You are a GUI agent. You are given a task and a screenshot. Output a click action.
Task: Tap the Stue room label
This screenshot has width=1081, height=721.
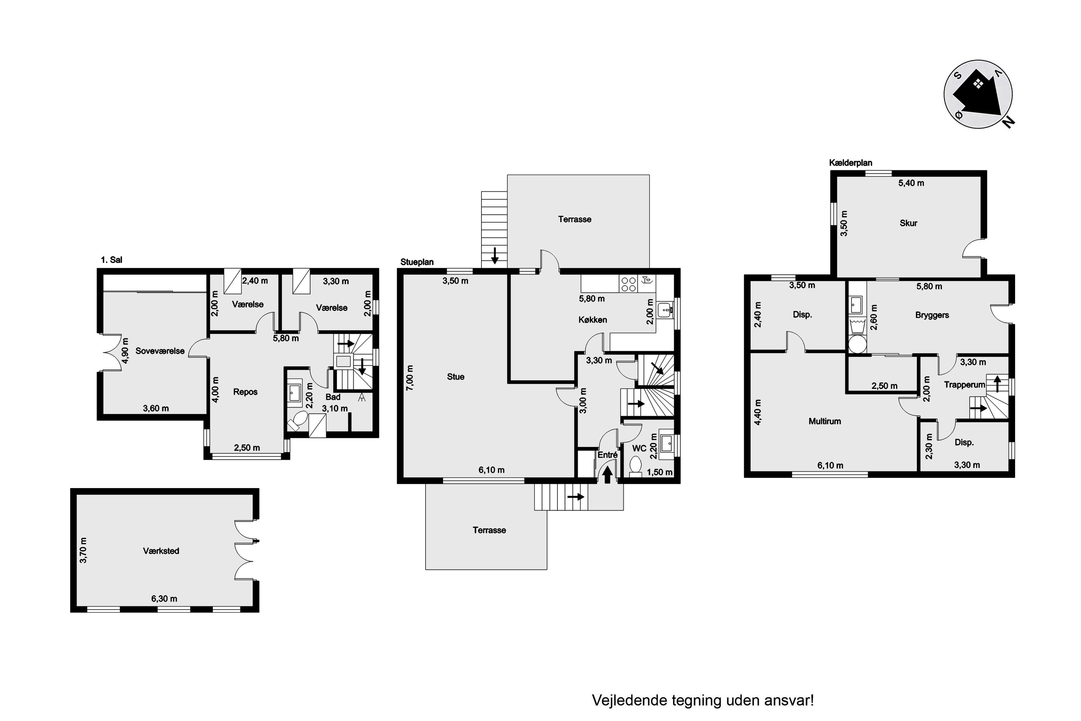tap(455, 377)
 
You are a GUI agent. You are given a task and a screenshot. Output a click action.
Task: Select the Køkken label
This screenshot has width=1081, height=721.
tap(592, 319)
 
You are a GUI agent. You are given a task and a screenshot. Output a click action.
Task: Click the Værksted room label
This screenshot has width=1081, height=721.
tap(161, 551)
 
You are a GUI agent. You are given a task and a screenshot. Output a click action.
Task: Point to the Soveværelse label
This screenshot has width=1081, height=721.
tap(160, 351)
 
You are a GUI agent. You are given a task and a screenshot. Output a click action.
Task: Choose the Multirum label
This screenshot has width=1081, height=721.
tap(824, 421)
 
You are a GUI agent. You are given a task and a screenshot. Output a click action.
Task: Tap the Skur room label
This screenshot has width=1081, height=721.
tap(908, 223)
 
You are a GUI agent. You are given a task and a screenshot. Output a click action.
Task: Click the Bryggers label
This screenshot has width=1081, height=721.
tap(932, 315)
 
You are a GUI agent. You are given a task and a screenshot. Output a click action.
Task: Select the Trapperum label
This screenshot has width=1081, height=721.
tap(965, 384)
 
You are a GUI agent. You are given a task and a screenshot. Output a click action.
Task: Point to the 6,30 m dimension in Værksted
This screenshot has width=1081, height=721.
tap(164, 599)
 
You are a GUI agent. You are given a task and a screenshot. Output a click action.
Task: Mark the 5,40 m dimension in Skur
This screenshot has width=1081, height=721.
tap(911, 183)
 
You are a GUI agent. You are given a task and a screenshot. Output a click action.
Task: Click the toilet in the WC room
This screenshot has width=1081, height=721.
tap(636, 465)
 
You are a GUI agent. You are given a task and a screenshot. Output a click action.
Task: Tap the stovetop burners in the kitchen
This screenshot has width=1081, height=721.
tap(628, 284)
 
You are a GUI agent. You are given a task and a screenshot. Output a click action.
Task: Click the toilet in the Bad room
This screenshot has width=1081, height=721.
tap(297, 421)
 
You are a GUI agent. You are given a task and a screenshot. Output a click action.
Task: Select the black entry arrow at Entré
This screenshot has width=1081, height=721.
tap(607, 474)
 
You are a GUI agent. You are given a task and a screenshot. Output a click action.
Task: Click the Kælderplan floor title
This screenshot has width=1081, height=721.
tap(850, 163)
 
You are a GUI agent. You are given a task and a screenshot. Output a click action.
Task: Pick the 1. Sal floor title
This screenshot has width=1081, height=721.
tap(112, 260)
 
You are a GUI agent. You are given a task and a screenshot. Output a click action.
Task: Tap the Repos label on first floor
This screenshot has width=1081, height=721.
tap(245, 392)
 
